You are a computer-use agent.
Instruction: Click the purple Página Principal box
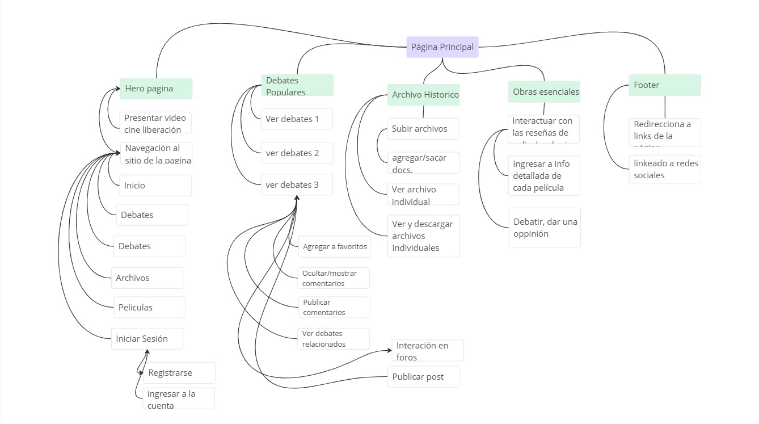[442, 47]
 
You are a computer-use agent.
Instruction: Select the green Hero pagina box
[156, 89]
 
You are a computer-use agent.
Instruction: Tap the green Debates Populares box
[297, 86]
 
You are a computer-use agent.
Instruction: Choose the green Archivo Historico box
[424, 95]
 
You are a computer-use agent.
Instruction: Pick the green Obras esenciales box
[544, 91]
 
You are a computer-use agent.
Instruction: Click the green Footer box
[664, 85]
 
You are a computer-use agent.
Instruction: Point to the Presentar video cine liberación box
[156, 123]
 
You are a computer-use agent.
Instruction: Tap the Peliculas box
[149, 308]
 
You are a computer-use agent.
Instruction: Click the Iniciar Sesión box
[147, 339]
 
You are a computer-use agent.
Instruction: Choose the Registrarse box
[179, 373]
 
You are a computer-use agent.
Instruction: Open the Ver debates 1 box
[297, 119]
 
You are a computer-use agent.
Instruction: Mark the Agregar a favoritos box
[335, 247]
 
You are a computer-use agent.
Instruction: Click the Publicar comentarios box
[334, 308]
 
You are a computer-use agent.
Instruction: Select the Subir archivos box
[423, 129]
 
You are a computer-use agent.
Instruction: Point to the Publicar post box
[423, 377]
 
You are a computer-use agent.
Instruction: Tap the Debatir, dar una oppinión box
[545, 228]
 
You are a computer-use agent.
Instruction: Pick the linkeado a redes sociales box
[664, 169]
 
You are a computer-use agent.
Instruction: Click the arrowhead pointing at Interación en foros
[389, 350]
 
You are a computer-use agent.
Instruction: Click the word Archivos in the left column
[133, 278]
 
